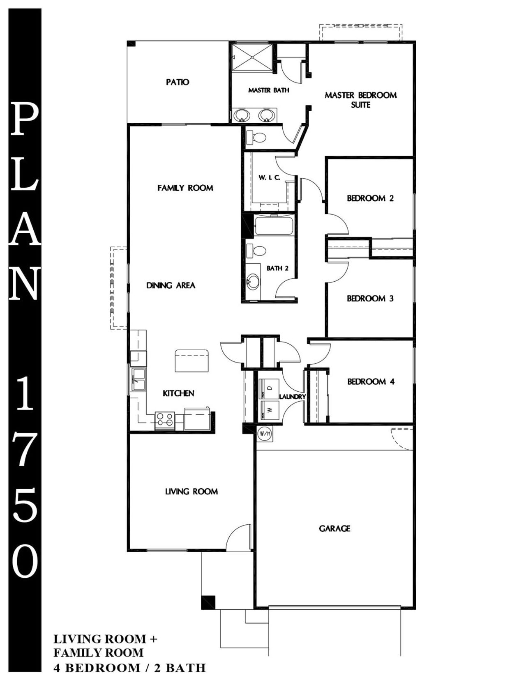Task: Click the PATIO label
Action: tap(178, 82)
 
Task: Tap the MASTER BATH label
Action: tap(268, 90)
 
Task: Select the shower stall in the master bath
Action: tap(251, 58)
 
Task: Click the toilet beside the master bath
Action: tap(256, 138)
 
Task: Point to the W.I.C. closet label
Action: tap(269, 178)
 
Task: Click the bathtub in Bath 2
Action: tap(274, 226)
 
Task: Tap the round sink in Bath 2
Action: tap(253, 282)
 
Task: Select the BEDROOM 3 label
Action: tap(370, 299)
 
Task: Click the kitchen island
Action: tap(191, 361)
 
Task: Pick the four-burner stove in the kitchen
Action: tap(164, 419)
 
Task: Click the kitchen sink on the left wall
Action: tap(138, 379)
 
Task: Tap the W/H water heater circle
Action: tap(264, 433)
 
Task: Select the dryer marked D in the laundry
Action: tap(270, 388)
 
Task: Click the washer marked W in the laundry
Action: tap(270, 410)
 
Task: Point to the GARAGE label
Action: tap(335, 528)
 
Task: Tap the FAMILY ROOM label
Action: tap(185, 188)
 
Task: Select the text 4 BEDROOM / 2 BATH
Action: tap(130, 668)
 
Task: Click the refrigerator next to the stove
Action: tap(197, 419)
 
